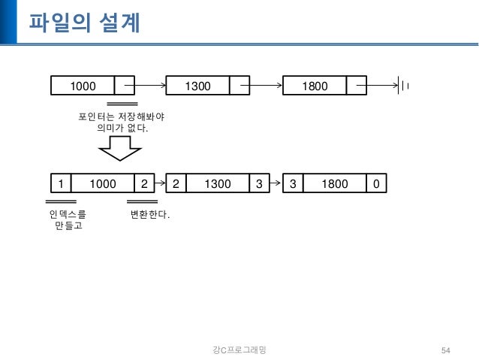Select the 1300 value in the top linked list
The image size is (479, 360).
(x=197, y=86)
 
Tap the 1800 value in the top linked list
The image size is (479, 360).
(x=314, y=86)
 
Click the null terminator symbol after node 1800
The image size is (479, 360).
(x=404, y=86)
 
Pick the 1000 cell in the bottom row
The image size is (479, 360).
(x=102, y=183)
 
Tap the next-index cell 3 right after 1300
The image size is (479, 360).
(x=259, y=183)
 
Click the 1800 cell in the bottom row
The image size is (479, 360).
(x=335, y=183)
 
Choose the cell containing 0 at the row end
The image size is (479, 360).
(x=375, y=183)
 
